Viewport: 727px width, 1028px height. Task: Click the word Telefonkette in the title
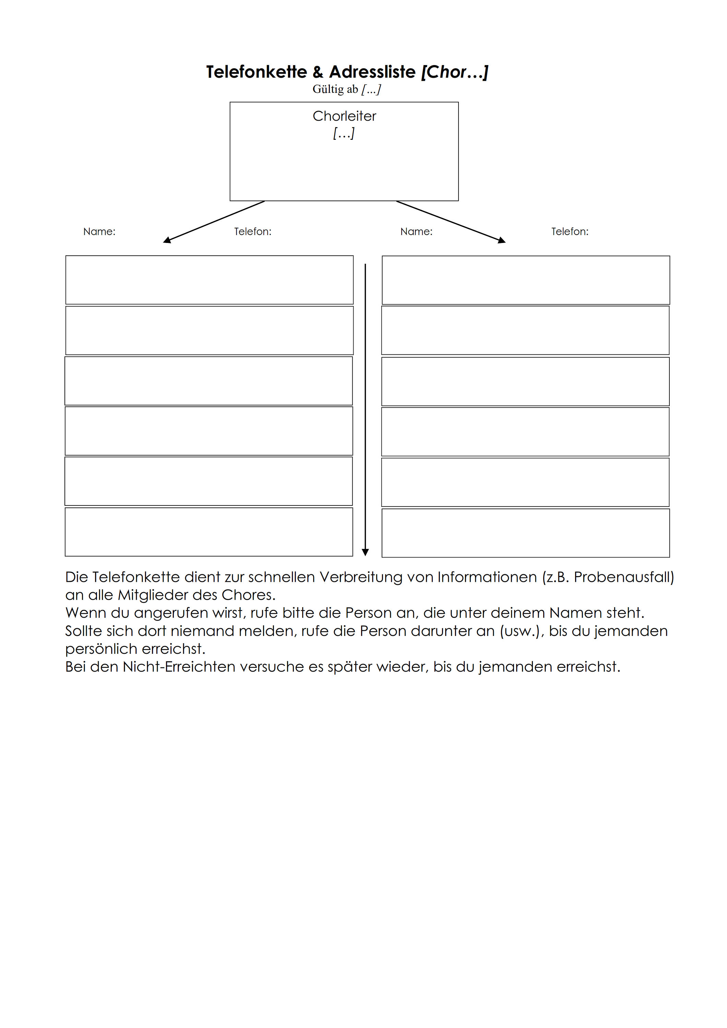(256, 72)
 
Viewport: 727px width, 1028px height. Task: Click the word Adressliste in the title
(372, 72)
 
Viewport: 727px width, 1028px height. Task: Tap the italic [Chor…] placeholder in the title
(454, 72)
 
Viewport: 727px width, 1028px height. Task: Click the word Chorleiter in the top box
(344, 116)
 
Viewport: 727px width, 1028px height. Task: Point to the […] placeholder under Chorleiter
(344, 133)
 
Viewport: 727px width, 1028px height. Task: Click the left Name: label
(99, 232)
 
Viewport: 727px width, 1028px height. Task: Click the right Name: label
(416, 232)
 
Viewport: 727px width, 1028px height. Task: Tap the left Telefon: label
(253, 232)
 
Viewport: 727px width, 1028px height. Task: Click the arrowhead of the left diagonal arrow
(167, 241)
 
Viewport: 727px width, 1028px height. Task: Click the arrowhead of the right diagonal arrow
(502, 241)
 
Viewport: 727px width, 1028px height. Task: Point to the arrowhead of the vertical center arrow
(365, 552)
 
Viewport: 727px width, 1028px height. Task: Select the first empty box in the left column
(209, 280)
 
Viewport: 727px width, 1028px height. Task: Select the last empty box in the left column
(209, 532)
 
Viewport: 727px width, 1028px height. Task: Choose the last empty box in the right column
(525, 533)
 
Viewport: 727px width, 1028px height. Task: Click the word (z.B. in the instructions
(555, 577)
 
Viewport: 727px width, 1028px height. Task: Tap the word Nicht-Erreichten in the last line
(179, 667)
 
